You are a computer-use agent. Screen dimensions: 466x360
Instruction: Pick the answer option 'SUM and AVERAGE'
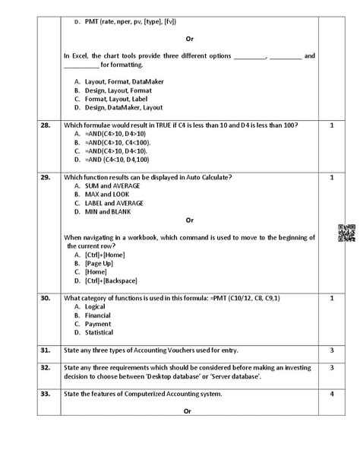click(115, 185)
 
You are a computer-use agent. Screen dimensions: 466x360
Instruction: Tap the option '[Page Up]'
click(99, 262)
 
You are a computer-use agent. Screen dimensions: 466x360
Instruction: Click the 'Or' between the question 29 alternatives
click(189, 220)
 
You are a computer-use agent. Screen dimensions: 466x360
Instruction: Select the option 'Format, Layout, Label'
click(115, 99)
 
